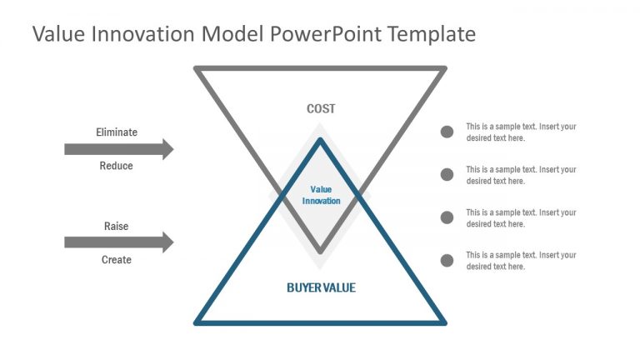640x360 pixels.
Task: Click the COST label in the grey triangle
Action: click(321, 109)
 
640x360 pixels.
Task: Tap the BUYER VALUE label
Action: click(321, 287)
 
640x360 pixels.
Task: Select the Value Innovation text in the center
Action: click(321, 195)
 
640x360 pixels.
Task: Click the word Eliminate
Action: click(117, 132)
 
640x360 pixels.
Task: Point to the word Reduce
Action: click(117, 166)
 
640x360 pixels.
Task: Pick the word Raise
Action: click(117, 227)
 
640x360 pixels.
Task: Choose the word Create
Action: click(117, 260)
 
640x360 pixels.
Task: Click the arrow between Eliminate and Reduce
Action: click(118, 149)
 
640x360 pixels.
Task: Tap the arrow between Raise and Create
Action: click(118, 242)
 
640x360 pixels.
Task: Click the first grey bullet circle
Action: click(447, 132)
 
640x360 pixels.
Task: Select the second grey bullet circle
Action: click(447, 174)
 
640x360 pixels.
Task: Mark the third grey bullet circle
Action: click(447, 217)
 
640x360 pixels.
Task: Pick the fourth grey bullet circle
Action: click(447, 260)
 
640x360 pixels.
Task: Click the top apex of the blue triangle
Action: click(321, 141)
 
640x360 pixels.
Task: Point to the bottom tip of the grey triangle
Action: click(321, 250)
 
